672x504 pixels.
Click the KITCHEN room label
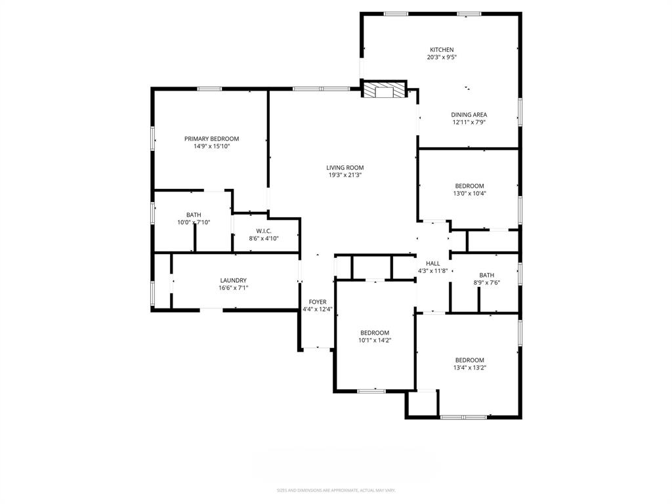441,50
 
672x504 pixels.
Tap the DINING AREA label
469,114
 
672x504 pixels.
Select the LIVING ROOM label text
345,167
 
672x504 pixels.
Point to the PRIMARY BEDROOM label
211,138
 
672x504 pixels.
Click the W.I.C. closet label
264,230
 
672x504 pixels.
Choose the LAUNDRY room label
233,280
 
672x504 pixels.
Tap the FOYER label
318,302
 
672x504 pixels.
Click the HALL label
432,263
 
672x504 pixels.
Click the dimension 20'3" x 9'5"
441,58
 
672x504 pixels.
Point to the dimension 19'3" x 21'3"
345,175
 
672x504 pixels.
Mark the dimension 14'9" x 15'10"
211,146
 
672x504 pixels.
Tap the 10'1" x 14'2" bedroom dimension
375,341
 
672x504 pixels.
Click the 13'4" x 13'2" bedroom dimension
470,367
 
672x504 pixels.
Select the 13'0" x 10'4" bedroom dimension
470,194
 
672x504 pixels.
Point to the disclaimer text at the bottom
336,490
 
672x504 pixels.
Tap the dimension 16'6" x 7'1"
233,288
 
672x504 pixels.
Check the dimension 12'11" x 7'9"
469,122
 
